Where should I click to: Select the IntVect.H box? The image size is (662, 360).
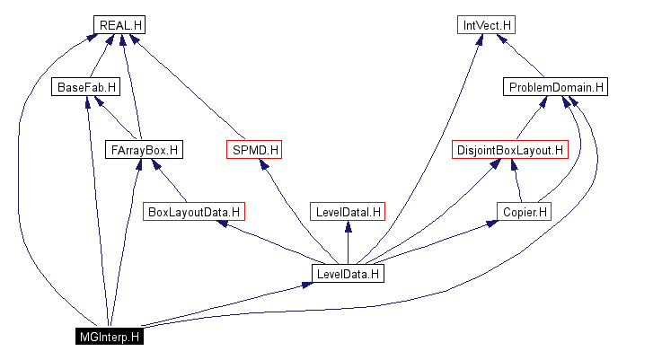pos(486,25)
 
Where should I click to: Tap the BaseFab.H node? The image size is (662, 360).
pos(86,87)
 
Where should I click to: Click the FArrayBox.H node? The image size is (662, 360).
pos(144,149)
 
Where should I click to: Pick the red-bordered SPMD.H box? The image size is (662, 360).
pos(255,149)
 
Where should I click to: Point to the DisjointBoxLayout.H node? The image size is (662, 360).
pos(510,149)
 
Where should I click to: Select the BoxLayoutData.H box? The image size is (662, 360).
pos(195,212)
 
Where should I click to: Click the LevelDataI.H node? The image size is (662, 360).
pos(348,212)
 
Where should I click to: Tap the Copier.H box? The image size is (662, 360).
pos(523,212)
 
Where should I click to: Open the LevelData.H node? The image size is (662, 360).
pos(348,274)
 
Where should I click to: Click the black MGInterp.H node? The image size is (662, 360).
pos(109,337)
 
